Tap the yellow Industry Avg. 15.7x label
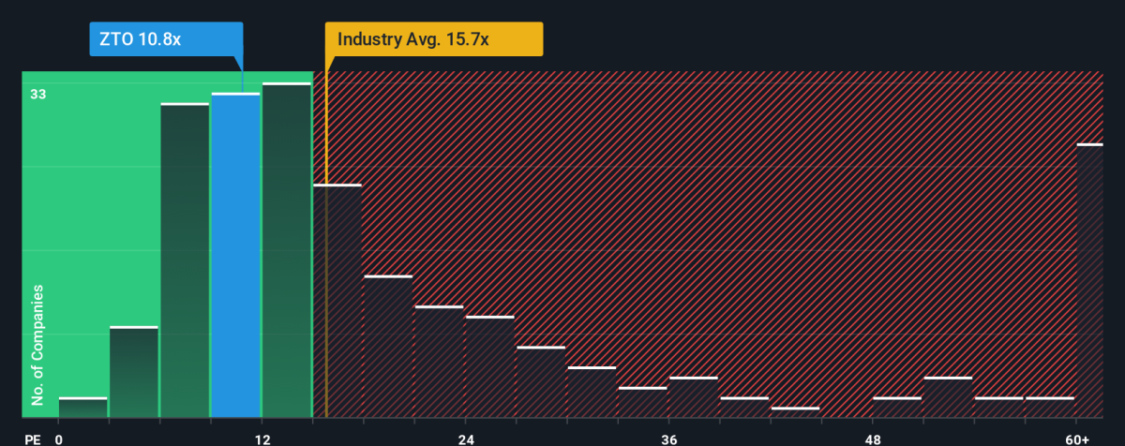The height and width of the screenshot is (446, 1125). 434,40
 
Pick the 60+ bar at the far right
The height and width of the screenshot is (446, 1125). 1089,281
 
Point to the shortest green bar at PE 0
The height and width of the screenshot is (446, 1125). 83,408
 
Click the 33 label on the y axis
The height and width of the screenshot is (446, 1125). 38,94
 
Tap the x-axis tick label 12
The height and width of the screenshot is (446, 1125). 262,439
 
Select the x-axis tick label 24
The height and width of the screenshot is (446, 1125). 466,439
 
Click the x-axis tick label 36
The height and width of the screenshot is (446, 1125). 669,439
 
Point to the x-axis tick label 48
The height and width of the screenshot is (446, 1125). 873,439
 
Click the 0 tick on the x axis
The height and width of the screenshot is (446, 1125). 59,439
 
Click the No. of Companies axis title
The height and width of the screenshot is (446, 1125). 37,347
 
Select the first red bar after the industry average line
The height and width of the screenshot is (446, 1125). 337,301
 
